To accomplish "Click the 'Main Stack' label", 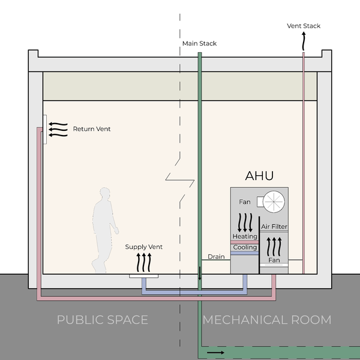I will click(x=200, y=44).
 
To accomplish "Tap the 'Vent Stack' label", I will click(x=303, y=26).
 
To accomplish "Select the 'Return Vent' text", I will click(x=92, y=129).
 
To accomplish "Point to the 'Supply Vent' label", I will click(x=143, y=247).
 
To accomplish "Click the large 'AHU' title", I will click(x=259, y=176).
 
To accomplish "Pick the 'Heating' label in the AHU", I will click(x=245, y=236).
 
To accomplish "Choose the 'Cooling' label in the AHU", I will click(x=245, y=247).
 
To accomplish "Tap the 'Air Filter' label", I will click(x=274, y=227).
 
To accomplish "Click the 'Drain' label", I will click(x=216, y=257).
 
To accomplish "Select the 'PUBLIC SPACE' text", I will click(x=102, y=320).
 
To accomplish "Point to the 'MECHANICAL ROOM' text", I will click(x=267, y=320).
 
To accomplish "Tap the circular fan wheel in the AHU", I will click(x=274, y=202).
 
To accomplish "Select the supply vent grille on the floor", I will click(x=144, y=276).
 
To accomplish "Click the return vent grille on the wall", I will click(x=45, y=129).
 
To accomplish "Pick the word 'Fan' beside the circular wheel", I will click(x=245, y=202).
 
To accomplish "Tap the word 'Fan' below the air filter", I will click(x=274, y=260).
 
